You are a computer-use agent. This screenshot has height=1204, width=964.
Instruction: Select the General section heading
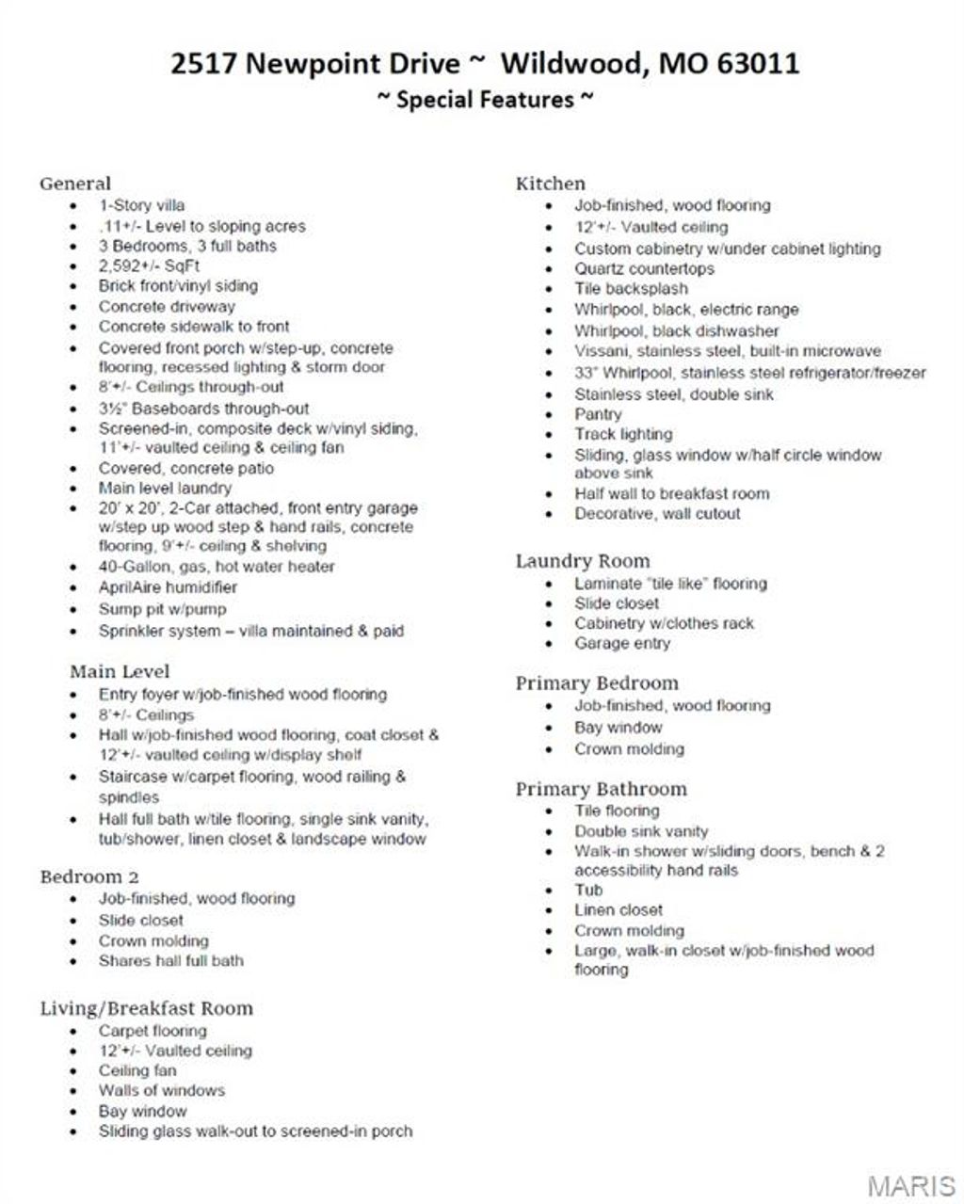pos(75,184)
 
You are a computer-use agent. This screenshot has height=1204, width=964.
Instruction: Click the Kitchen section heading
pos(550,184)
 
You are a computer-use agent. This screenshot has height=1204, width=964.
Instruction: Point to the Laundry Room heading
pos(582,561)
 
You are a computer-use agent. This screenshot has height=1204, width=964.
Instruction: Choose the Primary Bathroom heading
pos(601,789)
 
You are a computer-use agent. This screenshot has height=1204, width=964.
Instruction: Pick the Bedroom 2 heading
pos(89,876)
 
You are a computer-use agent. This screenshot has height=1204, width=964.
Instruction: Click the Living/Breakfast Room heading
pos(146,1008)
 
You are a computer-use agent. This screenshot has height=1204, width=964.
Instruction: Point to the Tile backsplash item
pos(631,289)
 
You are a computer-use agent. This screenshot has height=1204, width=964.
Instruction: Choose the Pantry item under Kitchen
pos(598,414)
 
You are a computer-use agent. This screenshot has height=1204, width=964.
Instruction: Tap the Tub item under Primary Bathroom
pos(588,890)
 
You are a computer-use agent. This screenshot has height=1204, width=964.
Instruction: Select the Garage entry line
pos(622,644)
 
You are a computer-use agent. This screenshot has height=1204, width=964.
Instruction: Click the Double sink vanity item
pos(641,831)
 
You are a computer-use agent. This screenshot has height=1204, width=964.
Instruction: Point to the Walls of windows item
pos(161,1091)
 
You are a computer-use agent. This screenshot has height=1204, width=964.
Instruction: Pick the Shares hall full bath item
pos(170,961)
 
